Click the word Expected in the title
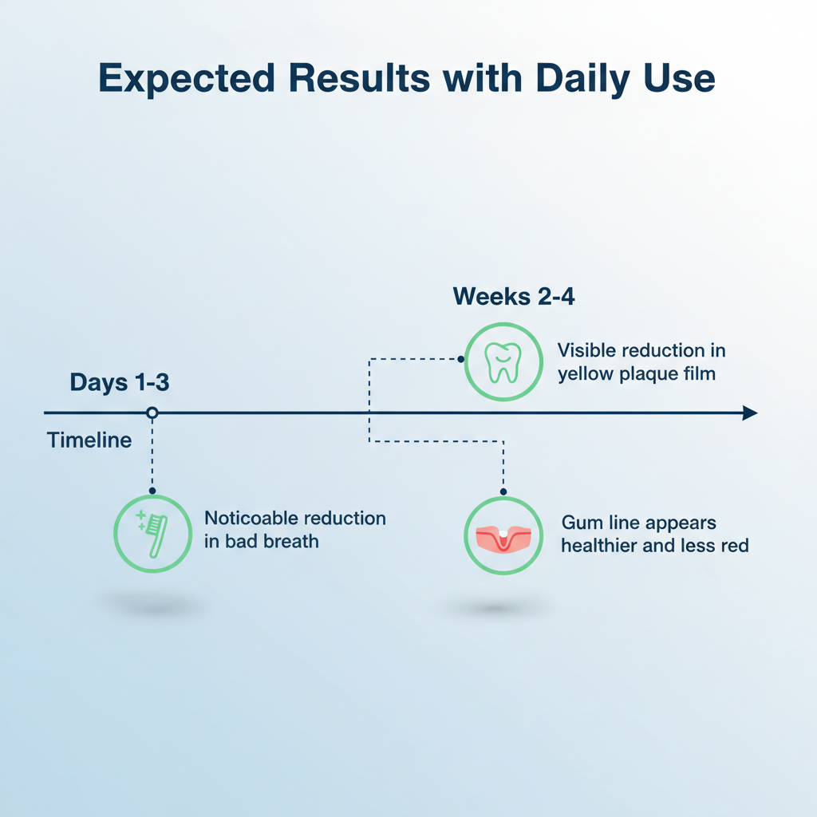click(x=187, y=78)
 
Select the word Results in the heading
click(x=360, y=78)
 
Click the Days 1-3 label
click(x=120, y=382)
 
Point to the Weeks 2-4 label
click(x=514, y=297)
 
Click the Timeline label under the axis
click(x=89, y=440)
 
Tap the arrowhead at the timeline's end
click(x=750, y=412)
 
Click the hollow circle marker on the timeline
click(x=152, y=412)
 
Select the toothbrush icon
click(x=152, y=534)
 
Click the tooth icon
click(x=503, y=362)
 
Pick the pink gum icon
click(x=503, y=539)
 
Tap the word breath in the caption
click(x=291, y=542)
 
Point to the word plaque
click(x=642, y=375)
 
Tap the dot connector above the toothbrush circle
click(x=152, y=491)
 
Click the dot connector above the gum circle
click(x=503, y=491)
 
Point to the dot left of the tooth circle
click(x=460, y=359)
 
